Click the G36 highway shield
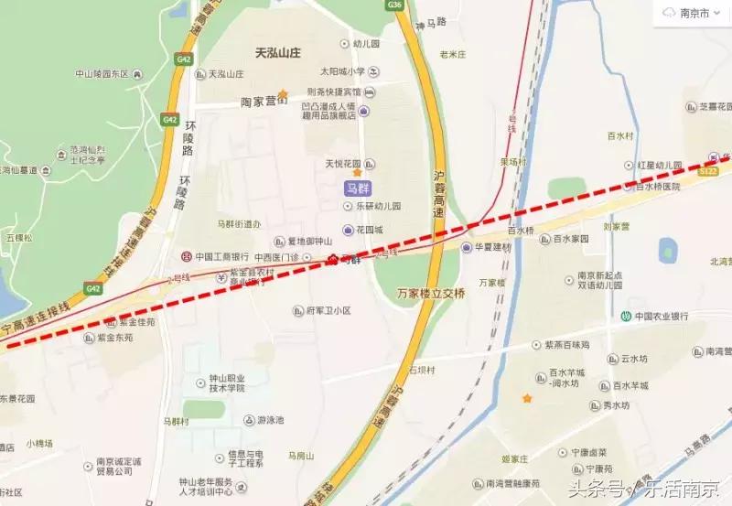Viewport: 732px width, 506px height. (x=395, y=5)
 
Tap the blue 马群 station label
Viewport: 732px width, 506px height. (x=357, y=189)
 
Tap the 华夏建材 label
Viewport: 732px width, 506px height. (x=494, y=247)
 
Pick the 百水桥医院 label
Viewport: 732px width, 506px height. (x=659, y=187)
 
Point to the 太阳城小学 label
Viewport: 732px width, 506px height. (x=341, y=71)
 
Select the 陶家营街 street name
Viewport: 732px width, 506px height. (x=264, y=102)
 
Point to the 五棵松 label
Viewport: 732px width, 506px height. (x=18, y=238)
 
